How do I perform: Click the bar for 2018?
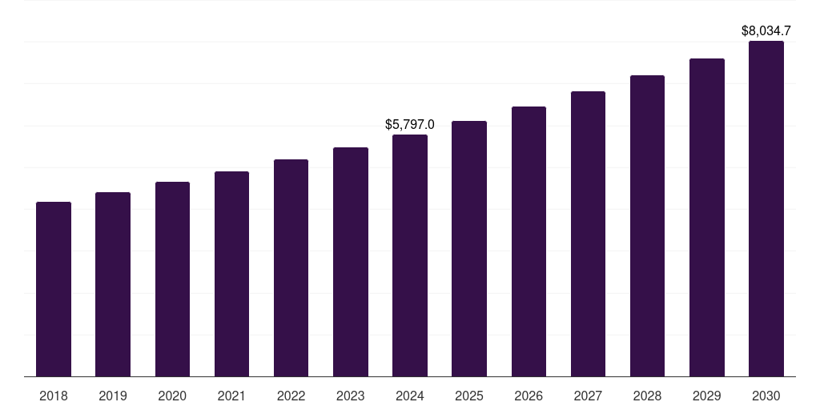tap(54, 289)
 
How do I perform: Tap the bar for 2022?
tap(291, 267)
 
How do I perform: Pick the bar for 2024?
tap(410, 255)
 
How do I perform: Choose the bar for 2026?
tap(529, 241)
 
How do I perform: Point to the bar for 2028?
tap(647, 226)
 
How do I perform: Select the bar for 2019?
tap(113, 284)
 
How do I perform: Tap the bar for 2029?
tap(707, 217)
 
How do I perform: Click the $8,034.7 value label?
tap(766, 31)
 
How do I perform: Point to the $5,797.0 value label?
tap(410, 125)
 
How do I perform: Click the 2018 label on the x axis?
tap(54, 396)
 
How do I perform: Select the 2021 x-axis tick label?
tap(231, 396)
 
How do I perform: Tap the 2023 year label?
tap(351, 396)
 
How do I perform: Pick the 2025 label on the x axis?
tap(469, 396)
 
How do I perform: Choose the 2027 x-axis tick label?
tap(588, 396)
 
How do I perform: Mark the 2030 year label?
tap(766, 396)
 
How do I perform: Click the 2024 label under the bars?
tap(410, 396)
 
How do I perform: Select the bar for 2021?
tap(231, 274)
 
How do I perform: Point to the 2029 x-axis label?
tap(707, 396)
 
